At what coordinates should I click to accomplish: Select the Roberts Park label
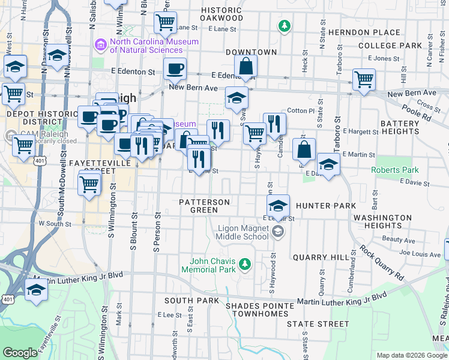click(x=394, y=170)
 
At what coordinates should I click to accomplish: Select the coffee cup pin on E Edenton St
click(x=175, y=68)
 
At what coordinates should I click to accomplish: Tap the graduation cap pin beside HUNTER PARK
click(x=278, y=206)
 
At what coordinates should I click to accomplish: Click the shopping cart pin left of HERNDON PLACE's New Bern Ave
click(x=364, y=79)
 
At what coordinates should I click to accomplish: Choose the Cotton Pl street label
click(x=301, y=111)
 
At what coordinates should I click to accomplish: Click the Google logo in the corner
click(x=20, y=353)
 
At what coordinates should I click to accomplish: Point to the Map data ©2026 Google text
click(x=411, y=355)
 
